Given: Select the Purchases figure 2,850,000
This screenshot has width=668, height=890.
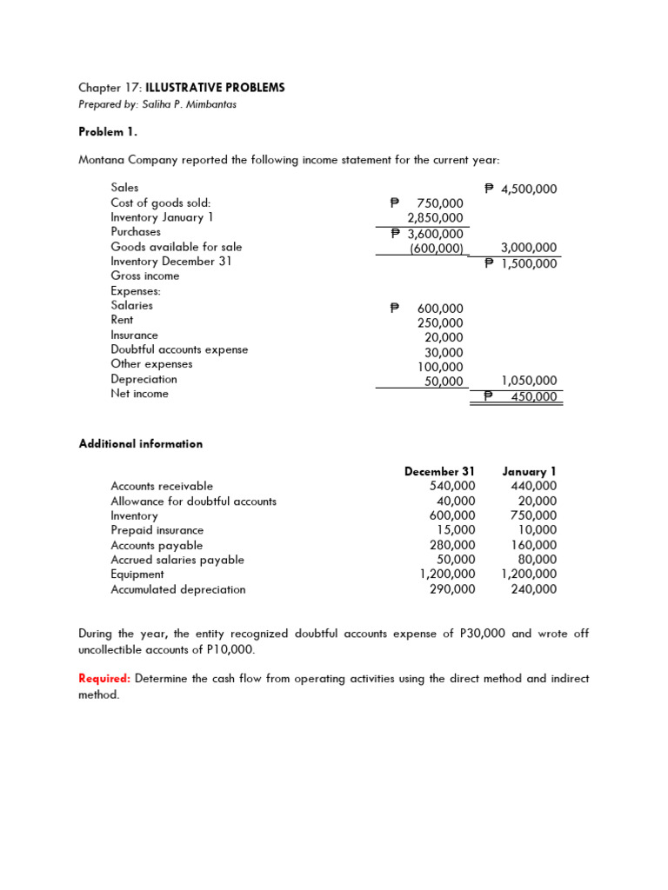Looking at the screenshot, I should tap(436, 219).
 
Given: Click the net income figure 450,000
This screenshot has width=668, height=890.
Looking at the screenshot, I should tap(534, 397).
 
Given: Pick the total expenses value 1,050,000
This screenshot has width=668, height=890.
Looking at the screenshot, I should tap(530, 381).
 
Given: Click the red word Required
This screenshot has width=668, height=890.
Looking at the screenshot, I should tap(104, 679).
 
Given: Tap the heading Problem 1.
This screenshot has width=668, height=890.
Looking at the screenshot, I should tap(108, 132).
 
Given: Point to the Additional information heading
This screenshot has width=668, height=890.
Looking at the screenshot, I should tap(140, 444).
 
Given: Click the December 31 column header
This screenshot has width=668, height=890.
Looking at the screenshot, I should tap(439, 471).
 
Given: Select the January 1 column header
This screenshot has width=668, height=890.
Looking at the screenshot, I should tap(529, 471).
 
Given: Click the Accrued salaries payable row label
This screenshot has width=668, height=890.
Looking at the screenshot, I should tap(177, 560).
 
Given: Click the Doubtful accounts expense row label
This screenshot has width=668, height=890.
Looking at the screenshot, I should tap(179, 349).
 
